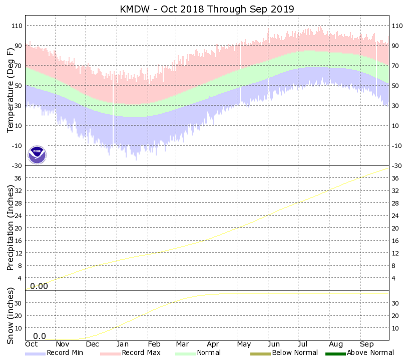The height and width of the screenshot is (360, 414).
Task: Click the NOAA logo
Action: tap(37, 155)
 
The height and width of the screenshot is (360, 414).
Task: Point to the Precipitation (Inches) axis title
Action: tap(11, 227)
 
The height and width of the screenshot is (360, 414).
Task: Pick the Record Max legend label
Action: tap(141, 353)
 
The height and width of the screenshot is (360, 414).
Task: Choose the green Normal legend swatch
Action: tap(185, 353)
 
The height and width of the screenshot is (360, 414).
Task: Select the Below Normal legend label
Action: tap(295, 353)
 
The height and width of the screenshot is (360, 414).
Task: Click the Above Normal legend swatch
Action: tap(332, 353)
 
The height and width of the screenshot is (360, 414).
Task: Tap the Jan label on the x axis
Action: tap(122, 344)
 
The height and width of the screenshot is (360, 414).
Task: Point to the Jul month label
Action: tap(305, 344)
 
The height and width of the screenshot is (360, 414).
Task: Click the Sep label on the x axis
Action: tap(366, 344)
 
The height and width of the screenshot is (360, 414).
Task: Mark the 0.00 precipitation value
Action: tap(39, 286)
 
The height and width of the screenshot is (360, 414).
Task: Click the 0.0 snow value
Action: tap(40, 336)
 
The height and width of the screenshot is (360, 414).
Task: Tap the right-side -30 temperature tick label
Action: tap(397, 165)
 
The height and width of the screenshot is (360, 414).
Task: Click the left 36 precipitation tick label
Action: tap(19, 178)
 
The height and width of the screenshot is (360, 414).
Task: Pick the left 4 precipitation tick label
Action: tap(21, 278)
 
